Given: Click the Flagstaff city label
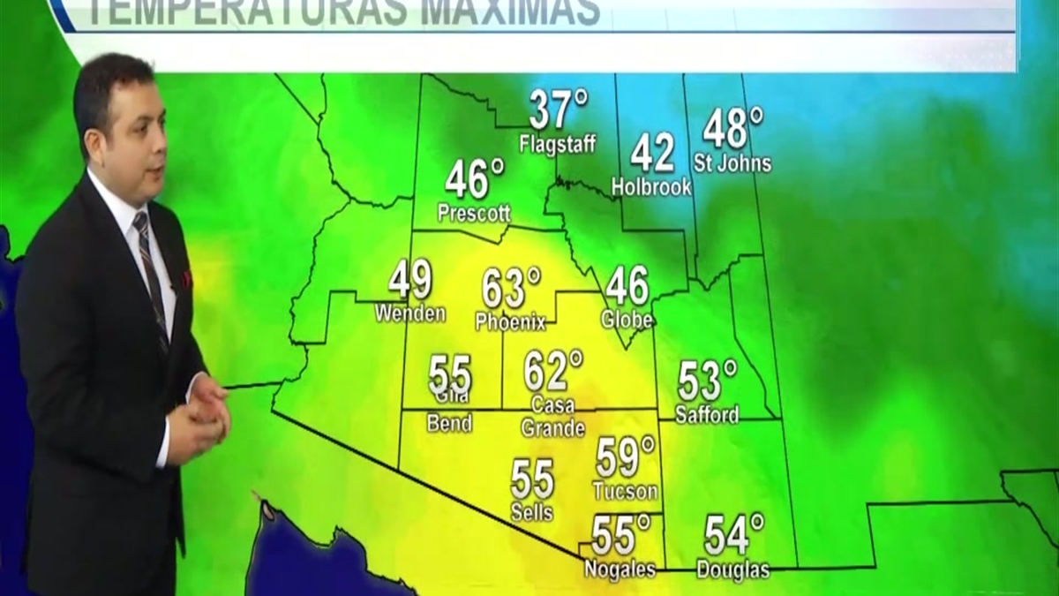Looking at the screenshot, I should click(557, 143).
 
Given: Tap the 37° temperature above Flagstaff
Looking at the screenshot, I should click(558, 109).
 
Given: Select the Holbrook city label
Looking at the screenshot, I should click(651, 186).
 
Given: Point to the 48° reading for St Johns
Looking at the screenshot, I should click(732, 129).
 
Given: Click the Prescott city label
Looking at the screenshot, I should click(474, 213).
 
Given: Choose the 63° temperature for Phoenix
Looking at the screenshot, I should click(510, 289).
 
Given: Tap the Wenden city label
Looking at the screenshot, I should click(409, 313).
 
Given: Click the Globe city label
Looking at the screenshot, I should click(627, 320).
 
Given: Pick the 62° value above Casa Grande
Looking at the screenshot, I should click(552, 371).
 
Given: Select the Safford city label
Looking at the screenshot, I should click(707, 414).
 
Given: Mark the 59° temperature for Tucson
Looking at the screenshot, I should click(625, 457).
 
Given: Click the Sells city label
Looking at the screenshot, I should click(532, 511).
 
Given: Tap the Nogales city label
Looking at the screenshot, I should click(620, 570).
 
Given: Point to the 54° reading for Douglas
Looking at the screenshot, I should click(733, 535).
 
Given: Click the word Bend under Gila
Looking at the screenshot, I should click(449, 424).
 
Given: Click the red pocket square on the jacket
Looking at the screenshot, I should click(186, 279).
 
